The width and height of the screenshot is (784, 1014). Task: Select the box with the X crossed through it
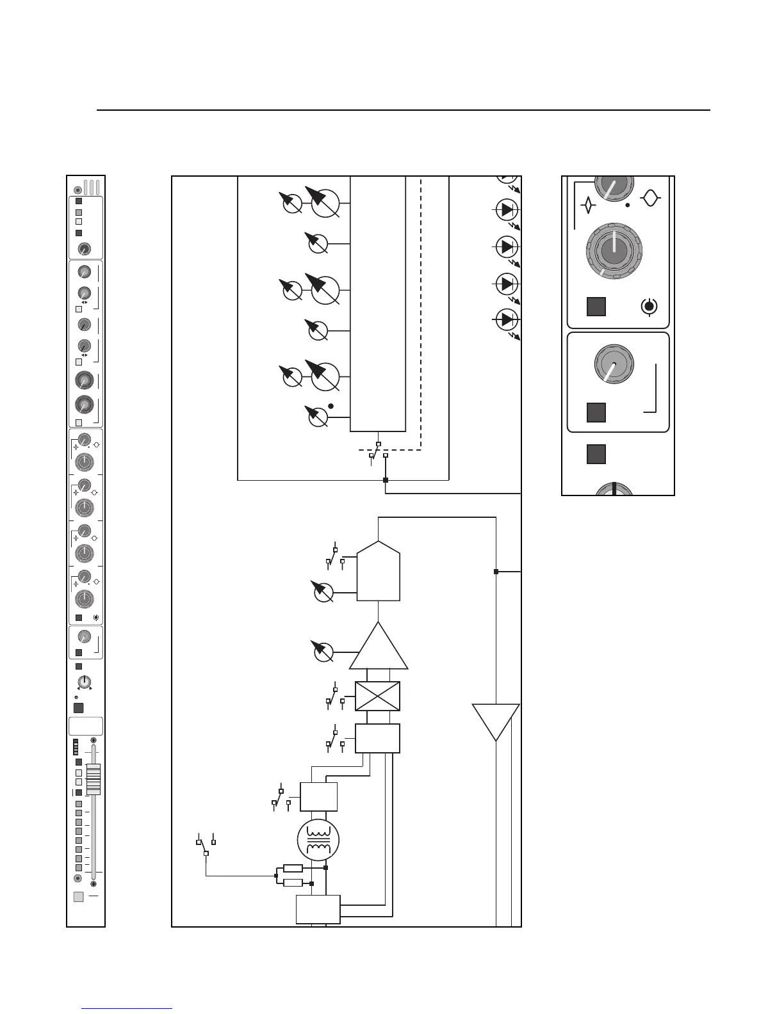[377, 696]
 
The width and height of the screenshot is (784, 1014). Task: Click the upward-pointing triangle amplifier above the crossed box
[379, 648]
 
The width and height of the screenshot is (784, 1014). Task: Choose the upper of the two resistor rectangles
[293, 868]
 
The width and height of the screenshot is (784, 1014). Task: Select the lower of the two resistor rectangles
[293, 883]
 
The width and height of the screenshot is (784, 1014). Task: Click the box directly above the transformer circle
[319, 797]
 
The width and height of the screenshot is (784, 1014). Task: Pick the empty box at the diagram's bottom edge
[318, 910]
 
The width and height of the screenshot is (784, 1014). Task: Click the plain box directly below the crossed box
[377, 738]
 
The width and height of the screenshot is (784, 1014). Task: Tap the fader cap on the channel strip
[94, 779]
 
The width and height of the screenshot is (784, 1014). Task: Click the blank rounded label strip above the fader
[85, 726]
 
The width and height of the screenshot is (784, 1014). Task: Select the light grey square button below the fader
[78, 897]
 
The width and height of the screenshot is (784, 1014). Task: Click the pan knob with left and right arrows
[84, 682]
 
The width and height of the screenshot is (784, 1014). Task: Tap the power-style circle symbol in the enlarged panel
[649, 307]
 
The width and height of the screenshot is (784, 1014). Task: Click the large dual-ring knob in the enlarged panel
[614, 250]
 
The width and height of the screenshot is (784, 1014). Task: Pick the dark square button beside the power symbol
[596, 307]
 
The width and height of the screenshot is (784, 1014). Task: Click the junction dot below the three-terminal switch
[385, 479]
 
